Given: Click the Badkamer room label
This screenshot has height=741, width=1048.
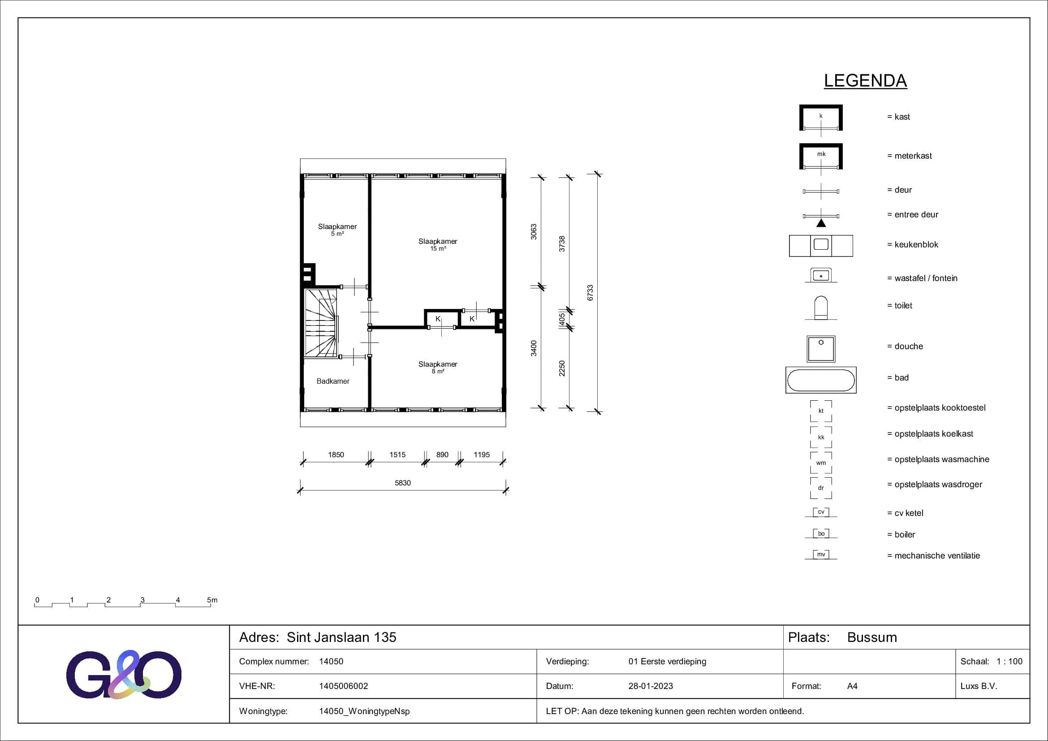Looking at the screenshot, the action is (x=333, y=381).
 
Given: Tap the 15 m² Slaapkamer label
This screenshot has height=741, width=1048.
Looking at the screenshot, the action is (x=438, y=244).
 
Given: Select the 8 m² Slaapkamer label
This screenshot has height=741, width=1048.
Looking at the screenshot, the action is (x=438, y=367).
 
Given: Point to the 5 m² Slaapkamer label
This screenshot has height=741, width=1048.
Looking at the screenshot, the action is (x=337, y=230).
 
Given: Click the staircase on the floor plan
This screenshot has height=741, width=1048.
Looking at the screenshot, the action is (x=322, y=323).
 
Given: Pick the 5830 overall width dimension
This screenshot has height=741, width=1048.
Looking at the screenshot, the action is (x=403, y=483).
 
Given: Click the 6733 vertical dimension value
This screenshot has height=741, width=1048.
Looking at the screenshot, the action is (x=590, y=293).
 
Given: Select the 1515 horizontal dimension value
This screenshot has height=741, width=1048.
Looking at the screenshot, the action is (x=397, y=455).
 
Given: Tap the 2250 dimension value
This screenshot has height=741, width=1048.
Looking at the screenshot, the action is (x=562, y=368).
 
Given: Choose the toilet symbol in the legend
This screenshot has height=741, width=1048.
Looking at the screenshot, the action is (x=821, y=308).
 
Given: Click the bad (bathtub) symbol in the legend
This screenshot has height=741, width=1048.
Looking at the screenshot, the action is (x=821, y=380).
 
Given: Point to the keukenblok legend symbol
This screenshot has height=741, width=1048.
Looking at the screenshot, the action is (x=821, y=246).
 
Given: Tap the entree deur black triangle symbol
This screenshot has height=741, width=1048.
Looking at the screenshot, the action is (x=821, y=223).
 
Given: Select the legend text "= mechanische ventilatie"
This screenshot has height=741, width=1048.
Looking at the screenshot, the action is (x=933, y=555).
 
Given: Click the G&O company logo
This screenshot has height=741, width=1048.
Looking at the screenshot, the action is (x=124, y=674).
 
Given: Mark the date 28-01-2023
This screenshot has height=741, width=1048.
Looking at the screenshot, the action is (x=651, y=686).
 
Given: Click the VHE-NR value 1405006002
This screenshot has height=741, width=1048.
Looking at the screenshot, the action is (x=343, y=686).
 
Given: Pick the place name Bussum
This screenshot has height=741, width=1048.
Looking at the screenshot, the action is (x=872, y=637).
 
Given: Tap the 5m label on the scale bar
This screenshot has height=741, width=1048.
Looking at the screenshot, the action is (x=212, y=600).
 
